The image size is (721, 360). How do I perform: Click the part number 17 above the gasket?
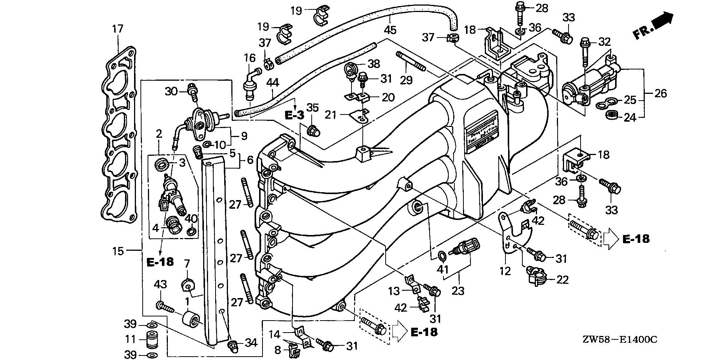click(118, 29)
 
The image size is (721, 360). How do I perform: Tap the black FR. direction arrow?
click(663, 20)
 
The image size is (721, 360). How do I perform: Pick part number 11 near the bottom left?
click(130, 339)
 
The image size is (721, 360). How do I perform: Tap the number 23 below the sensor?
click(458, 290)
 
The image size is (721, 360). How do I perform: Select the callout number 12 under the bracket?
click(505, 271)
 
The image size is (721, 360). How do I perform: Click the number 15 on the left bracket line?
click(118, 251)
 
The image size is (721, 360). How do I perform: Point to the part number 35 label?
click(312, 108)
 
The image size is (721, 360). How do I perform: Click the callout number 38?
click(374, 63)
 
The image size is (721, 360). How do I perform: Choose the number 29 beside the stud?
click(406, 80)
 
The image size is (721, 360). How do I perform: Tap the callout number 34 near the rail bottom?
click(251, 342)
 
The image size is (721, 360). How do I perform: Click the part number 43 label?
click(160, 285)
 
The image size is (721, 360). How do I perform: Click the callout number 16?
click(250, 58)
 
